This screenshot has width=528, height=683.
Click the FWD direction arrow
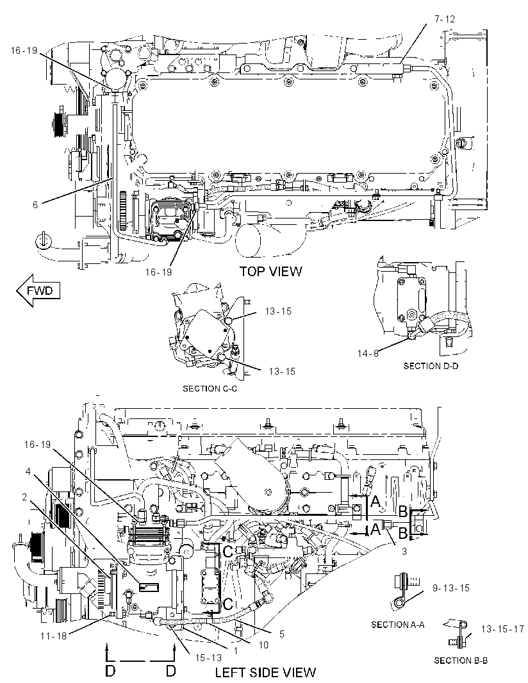pos(38,290)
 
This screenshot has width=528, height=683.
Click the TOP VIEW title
pos(270,272)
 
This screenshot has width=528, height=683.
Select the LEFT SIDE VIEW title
pos(265,672)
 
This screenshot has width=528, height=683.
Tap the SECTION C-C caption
pos(210,388)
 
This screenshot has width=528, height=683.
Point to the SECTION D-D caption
pos(431,366)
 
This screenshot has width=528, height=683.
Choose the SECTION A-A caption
pos(398,625)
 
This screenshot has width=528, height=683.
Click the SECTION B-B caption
pos(461,661)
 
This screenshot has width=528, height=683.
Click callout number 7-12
pos(444,19)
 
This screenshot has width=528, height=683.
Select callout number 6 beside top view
pos(36,204)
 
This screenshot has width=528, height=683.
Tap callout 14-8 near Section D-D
pos(368,353)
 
